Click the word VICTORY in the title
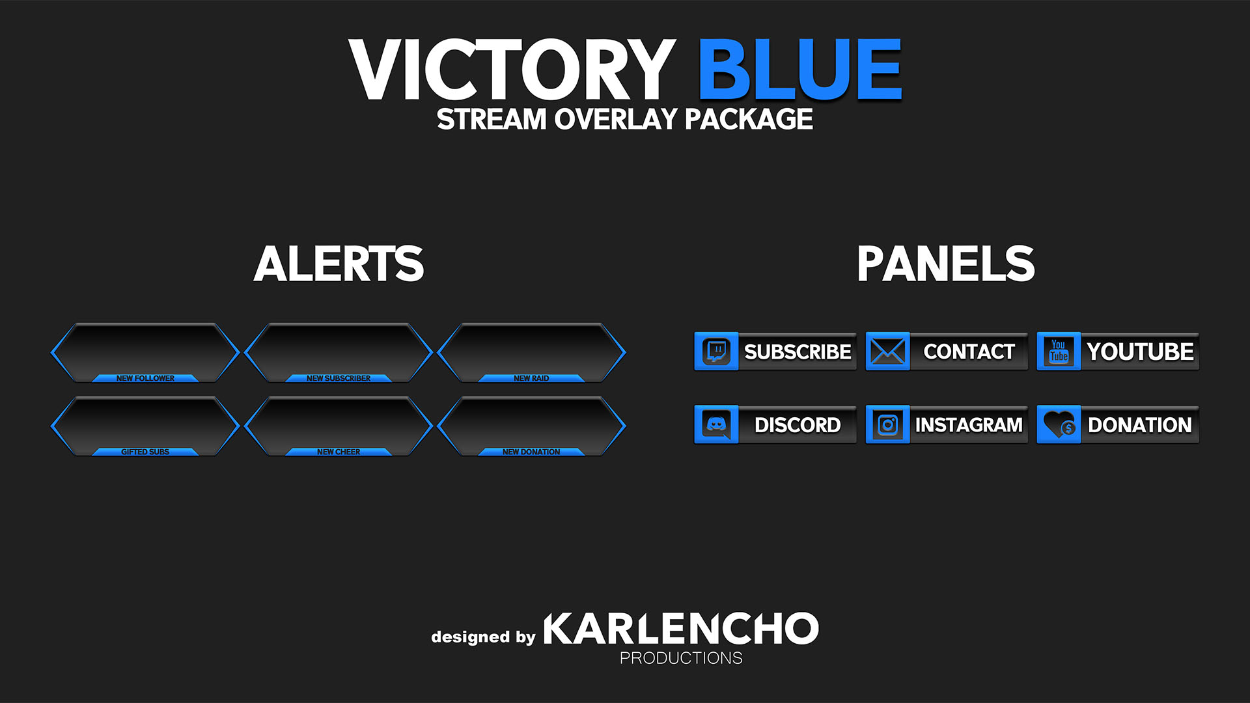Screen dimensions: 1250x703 pos(512,70)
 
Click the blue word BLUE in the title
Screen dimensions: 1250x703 pos(800,68)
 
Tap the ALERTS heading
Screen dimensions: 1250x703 pos(339,264)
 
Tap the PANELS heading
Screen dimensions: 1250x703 pos(946,264)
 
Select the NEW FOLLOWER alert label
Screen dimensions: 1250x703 pos(145,378)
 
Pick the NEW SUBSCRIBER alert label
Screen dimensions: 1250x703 pos(339,378)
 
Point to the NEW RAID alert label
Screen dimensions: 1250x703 pos(531,378)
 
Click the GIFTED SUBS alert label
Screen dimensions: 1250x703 pos(145,452)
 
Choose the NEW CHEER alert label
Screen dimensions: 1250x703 pos(339,452)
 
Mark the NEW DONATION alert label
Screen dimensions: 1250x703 pos(531,452)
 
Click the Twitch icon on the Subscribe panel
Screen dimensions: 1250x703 pos(716,351)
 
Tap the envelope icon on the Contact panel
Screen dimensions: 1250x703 pos(887,351)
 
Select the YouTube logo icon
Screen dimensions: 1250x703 pos(1059,351)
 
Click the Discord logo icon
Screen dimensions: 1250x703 pos(716,425)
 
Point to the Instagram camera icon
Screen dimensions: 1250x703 pos(887,425)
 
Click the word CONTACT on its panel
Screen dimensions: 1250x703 pos(969,351)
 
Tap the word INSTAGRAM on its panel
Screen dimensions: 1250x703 pos(969,425)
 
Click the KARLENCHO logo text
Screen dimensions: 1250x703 pos(681,628)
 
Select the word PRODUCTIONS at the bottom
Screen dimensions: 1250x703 pos(681,658)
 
